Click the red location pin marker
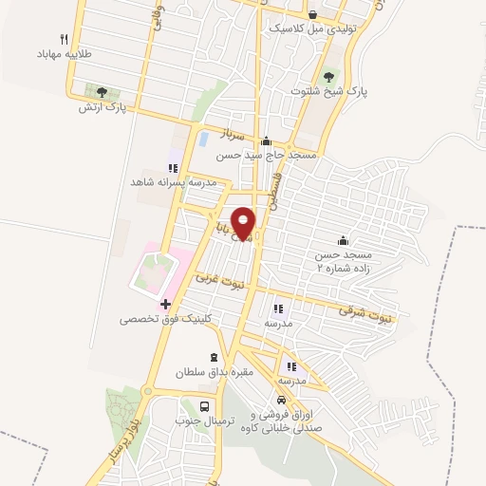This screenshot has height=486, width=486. (x=244, y=223)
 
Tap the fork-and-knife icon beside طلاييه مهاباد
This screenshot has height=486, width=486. (x=64, y=39)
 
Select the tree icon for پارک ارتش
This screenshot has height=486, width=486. (x=102, y=92)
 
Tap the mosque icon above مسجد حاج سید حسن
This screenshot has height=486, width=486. (x=267, y=141)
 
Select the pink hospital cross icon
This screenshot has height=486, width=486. (x=165, y=305)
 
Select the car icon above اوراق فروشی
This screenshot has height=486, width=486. (x=281, y=401)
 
